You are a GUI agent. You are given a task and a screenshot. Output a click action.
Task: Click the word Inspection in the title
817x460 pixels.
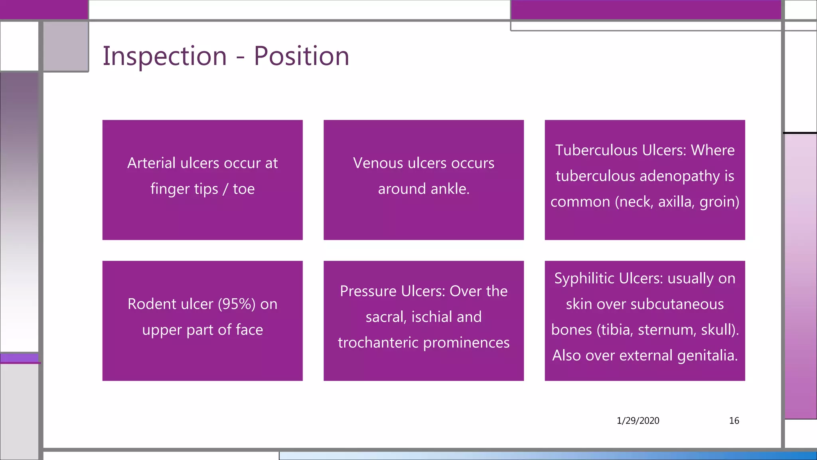pos(164,56)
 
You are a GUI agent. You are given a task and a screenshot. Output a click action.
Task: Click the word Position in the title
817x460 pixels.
pos(301,56)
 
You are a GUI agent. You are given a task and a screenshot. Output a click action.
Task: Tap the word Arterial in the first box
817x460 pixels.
pos(151,163)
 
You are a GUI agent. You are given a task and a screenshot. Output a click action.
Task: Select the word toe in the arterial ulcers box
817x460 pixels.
pos(244,189)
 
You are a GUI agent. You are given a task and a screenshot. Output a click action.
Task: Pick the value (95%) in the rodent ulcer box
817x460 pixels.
pos(237,304)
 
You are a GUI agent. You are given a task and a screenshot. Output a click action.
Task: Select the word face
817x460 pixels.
pos(249,330)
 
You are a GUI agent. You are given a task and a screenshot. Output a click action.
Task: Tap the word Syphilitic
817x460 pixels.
pos(583,278)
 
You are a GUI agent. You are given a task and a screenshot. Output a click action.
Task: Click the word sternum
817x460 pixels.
pos(667,330)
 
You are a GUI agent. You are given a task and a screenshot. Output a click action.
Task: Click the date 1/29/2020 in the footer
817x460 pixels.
pos(637,420)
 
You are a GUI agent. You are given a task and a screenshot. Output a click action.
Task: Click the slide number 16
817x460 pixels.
pos(734,420)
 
